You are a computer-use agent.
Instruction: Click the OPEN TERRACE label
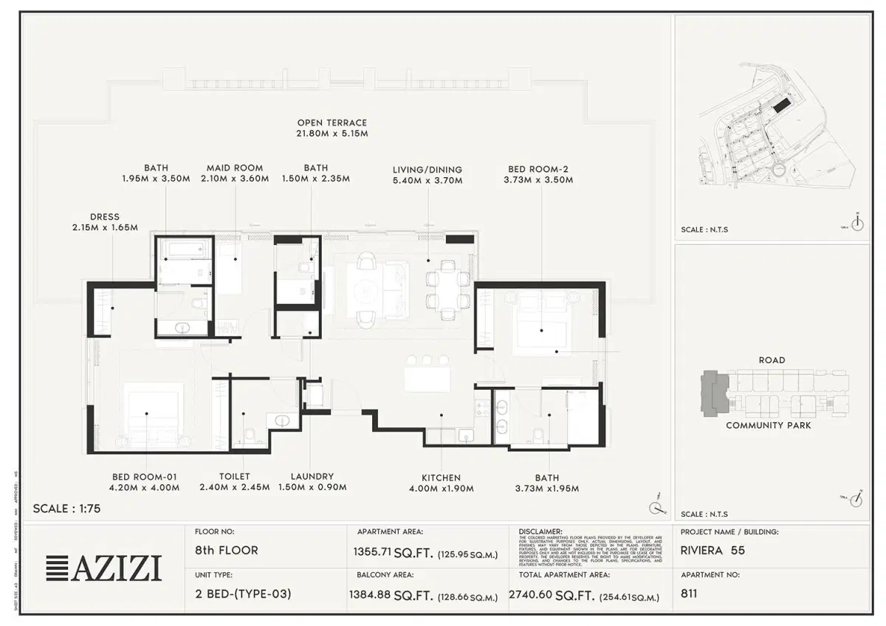pos(332,123)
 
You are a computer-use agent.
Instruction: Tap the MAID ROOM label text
pos(234,168)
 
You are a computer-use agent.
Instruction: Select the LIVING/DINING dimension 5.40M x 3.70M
pos(427,181)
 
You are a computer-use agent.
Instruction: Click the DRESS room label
pos(104,217)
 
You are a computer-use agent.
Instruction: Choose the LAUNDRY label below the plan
pos(312,477)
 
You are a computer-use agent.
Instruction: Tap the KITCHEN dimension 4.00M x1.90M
pos(442,489)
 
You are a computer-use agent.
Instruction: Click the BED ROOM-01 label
pos(145,477)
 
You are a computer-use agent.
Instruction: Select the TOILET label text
pos(234,477)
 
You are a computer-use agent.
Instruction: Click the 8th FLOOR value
pos(227,551)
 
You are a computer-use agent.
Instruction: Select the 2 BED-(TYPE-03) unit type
pos(243,594)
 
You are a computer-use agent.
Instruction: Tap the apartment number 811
pos(689,593)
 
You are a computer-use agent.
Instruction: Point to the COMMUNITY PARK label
pos(768,426)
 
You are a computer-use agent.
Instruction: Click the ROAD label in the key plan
pos(772,360)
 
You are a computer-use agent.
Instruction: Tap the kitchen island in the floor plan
pos(427,379)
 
